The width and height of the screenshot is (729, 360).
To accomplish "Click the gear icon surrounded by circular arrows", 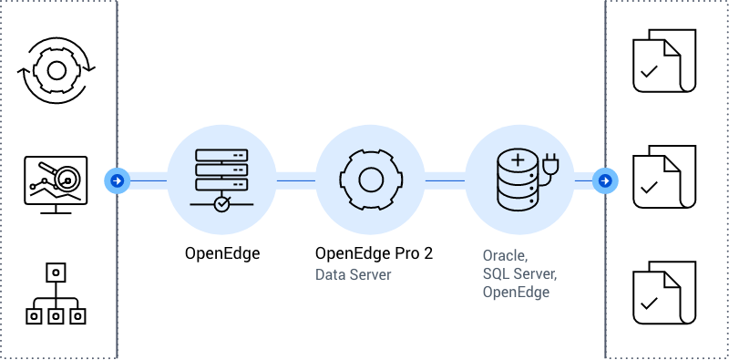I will (56, 70).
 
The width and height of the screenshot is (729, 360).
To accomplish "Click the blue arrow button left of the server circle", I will (117, 181).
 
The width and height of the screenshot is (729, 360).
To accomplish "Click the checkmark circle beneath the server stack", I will (221, 204).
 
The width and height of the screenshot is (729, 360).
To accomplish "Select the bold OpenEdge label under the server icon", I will (221, 253).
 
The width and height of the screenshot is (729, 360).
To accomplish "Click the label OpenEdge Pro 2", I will (374, 253).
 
